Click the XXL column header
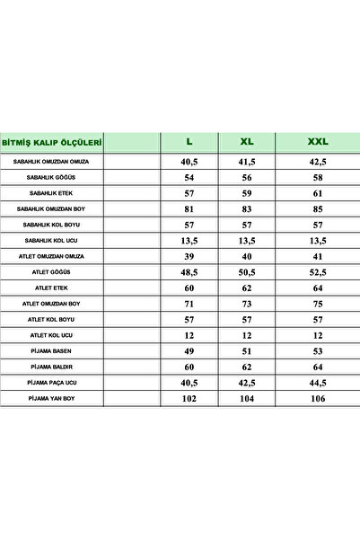click(x=318, y=142)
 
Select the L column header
click(x=189, y=142)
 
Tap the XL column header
click(x=247, y=142)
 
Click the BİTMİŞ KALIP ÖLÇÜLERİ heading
click(x=52, y=142)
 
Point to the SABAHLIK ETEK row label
click(x=51, y=193)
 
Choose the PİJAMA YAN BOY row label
click(x=51, y=397)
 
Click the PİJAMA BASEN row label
click(x=51, y=350)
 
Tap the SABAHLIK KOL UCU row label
click(x=51, y=240)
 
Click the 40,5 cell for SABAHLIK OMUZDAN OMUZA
click(x=189, y=162)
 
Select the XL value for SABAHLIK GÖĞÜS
click(x=247, y=178)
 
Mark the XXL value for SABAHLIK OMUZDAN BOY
click(x=318, y=208)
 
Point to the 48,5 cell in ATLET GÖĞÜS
click(x=189, y=271)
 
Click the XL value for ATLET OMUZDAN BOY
click(x=247, y=304)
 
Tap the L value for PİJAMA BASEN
click(x=189, y=350)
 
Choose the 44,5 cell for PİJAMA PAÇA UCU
click(x=318, y=382)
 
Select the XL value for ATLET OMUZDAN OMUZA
click(x=247, y=256)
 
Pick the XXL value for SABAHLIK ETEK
click(x=318, y=193)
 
